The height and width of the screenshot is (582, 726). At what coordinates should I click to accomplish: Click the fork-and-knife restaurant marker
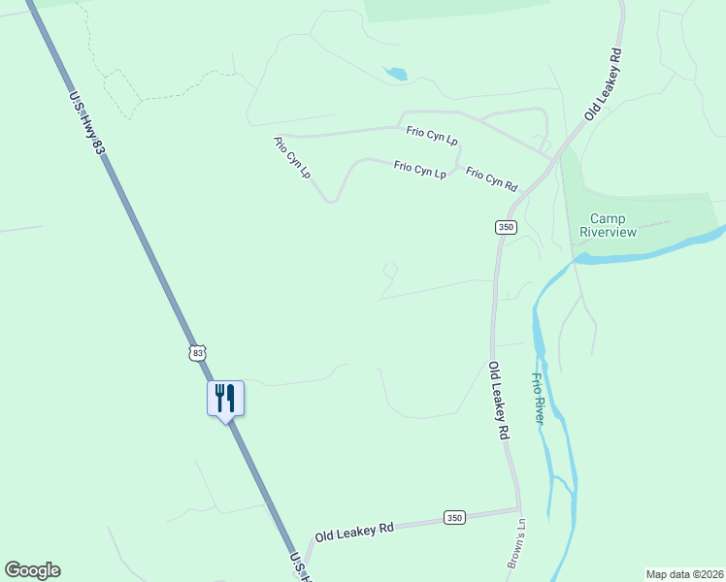(x=225, y=398)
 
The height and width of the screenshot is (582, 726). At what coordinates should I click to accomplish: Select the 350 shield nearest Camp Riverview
(x=505, y=227)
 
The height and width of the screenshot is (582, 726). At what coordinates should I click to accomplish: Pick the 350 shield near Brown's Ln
(x=455, y=518)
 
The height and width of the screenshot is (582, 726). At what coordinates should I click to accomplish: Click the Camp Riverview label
(x=608, y=225)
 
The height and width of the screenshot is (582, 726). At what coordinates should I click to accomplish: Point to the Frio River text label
(x=538, y=398)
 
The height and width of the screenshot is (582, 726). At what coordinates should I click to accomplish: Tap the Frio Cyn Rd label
(x=491, y=179)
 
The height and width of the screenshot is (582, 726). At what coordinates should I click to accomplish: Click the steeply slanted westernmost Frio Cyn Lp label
(x=292, y=158)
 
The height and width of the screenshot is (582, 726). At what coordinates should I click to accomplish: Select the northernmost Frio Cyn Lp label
(x=432, y=135)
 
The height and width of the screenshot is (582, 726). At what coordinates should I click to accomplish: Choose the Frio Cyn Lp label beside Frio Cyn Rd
(x=420, y=170)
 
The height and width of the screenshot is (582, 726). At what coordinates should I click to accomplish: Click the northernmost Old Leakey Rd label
(x=603, y=83)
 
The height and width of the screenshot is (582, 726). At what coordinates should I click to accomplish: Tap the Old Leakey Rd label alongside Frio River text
(x=499, y=402)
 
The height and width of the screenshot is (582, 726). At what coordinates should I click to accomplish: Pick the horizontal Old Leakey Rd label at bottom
(x=353, y=531)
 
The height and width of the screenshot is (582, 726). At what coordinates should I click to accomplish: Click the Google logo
(x=32, y=570)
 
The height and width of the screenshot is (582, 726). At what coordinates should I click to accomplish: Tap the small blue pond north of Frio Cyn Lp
(x=395, y=73)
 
